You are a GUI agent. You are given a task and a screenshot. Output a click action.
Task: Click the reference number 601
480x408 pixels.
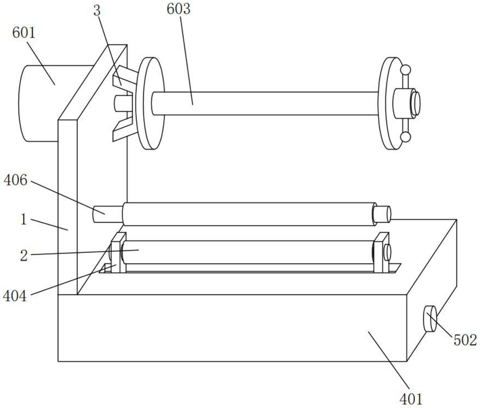point(24,33)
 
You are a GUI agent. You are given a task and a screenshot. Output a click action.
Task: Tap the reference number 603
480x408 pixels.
point(178,9)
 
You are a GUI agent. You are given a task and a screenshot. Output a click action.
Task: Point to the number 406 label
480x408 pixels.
point(15,181)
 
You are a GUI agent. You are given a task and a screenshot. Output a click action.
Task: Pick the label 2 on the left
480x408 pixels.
point(24,255)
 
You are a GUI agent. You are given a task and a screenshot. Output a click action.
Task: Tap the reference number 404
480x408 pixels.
point(15,296)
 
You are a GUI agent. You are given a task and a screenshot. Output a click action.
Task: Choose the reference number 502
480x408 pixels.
point(465,340)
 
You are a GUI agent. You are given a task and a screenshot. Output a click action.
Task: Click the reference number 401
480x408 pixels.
point(411,399)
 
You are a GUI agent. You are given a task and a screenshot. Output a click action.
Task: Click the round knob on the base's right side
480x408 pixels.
point(430,319)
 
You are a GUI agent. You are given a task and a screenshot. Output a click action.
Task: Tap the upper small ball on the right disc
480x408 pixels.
point(405,69)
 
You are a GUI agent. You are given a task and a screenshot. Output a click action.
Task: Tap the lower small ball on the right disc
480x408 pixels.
point(405,137)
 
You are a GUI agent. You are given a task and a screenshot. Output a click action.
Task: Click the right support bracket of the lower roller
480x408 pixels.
point(381,253)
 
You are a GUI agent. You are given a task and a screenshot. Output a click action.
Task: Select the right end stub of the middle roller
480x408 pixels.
point(382,214)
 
